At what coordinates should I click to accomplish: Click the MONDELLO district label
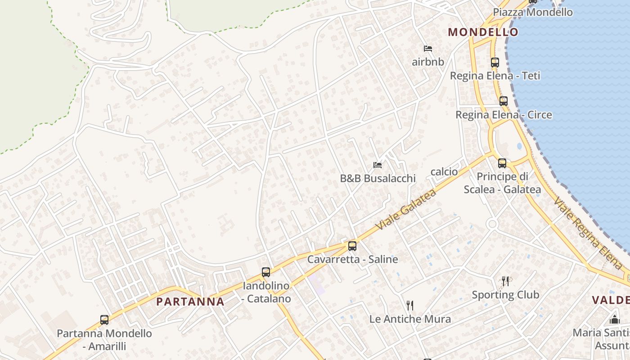click(x=483, y=32)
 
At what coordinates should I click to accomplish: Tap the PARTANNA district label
click(x=190, y=301)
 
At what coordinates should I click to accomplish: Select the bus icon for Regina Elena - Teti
click(x=495, y=63)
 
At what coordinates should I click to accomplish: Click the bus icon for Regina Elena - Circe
click(x=503, y=101)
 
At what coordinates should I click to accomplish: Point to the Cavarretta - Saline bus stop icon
click(x=352, y=246)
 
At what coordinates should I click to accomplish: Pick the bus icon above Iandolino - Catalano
click(x=266, y=272)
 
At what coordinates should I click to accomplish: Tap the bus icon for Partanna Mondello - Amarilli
click(x=104, y=320)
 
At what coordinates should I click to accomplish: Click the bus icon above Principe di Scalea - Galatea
click(x=502, y=163)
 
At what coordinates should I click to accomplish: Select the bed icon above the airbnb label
click(x=427, y=49)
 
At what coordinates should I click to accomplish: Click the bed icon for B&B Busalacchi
click(x=378, y=165)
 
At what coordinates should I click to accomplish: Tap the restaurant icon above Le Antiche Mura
click(x=410, y=306)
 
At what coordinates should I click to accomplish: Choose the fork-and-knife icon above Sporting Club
click(x=505, y=281)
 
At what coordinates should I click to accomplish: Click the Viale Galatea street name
click(x=405, y=210)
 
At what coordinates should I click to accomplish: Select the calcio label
click(x=444, y=171)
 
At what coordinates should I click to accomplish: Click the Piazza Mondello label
click(x=533, y=12)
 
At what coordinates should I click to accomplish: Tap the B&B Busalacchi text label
click(x=378, y=178)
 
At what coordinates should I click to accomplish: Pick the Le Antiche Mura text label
click(x=410, y=319)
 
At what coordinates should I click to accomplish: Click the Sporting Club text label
click(x=505, y=295)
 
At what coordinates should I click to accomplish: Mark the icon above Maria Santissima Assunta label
click(x=614, y=320)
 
